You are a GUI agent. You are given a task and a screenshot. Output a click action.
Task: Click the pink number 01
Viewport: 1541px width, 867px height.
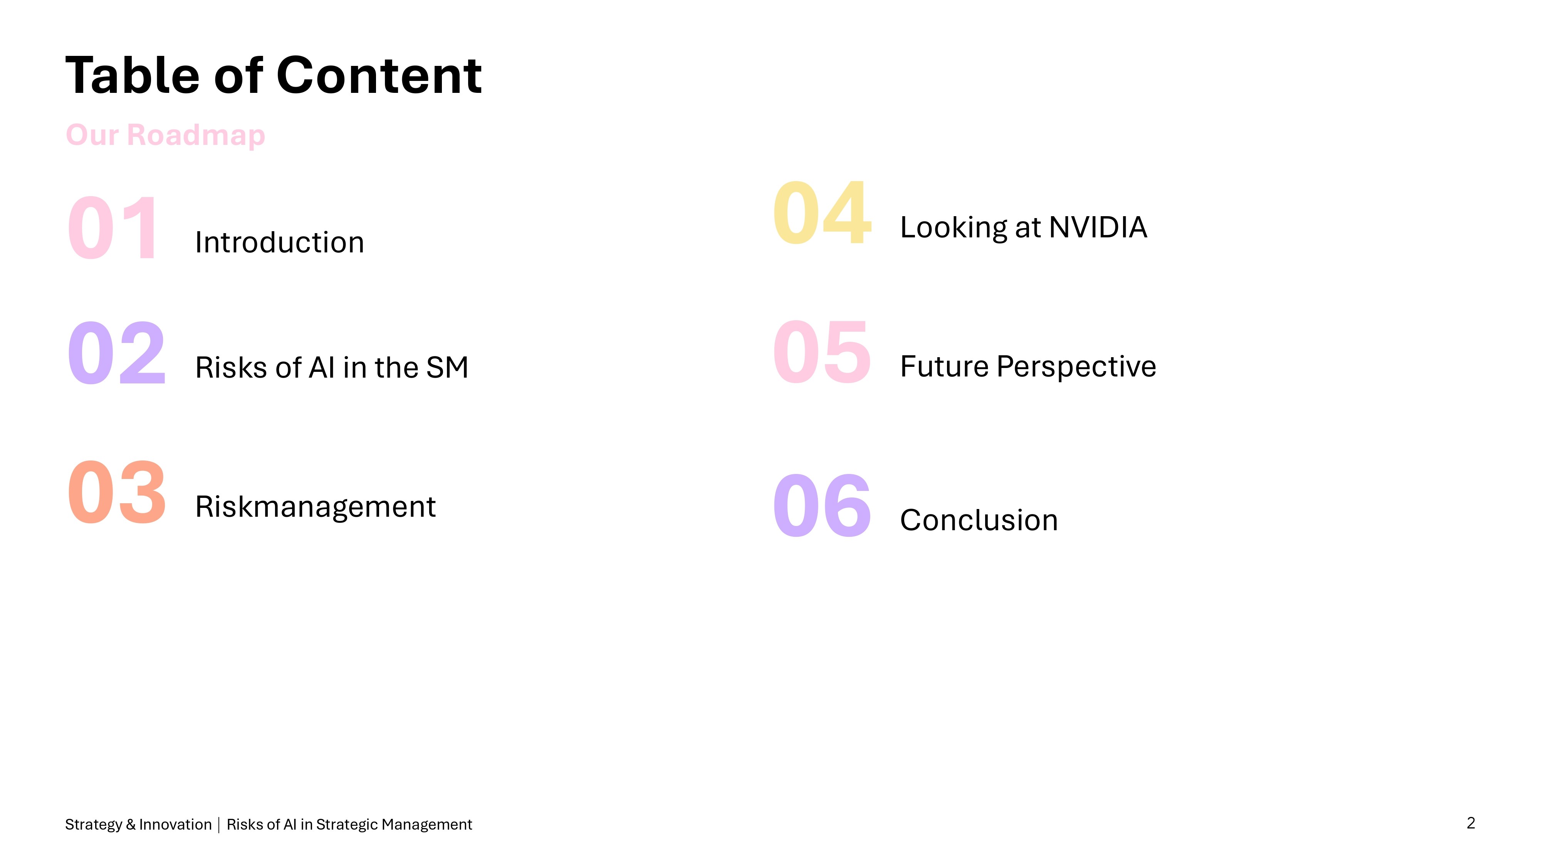point(112,228)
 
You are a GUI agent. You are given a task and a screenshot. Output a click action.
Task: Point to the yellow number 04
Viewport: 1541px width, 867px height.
point(822,213)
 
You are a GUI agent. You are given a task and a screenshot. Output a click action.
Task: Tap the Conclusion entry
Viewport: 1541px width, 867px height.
point(979,520)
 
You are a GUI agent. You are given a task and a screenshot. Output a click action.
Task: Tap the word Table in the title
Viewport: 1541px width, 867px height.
point(132,76)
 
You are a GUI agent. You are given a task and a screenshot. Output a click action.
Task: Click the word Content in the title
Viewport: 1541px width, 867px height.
point(379,76)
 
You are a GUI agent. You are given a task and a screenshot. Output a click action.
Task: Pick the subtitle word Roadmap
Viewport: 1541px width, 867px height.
point(196,135)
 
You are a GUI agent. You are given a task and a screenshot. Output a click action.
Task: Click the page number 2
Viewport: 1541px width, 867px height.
point(1471,823)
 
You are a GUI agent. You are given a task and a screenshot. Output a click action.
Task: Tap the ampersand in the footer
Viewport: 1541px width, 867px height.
point(131,825)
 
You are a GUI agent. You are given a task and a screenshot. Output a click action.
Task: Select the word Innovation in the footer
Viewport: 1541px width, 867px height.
point(175,825)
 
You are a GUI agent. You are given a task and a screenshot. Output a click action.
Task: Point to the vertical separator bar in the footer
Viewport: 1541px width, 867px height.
point(219,825)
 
